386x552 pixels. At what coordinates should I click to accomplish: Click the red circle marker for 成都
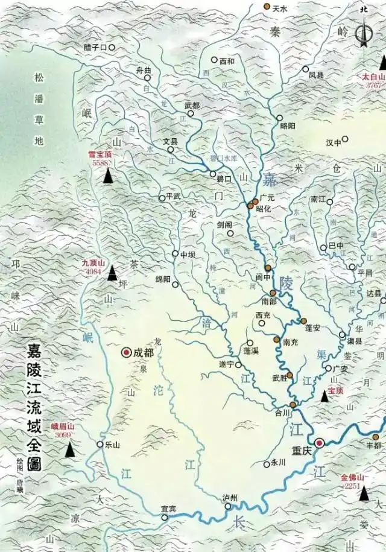[127, 352]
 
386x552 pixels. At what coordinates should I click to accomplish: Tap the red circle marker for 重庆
[320, 443]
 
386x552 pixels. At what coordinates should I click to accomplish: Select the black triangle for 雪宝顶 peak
[108, 176]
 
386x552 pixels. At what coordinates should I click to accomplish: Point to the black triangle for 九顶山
[112, 274]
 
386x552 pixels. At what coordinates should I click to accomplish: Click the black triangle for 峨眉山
[71, 449]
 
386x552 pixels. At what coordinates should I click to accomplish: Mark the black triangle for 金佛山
[364, 494]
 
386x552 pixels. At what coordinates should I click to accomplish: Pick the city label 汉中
[333, 142]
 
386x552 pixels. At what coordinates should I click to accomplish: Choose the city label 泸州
[230, 497]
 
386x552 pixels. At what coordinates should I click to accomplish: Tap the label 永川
[277, 464]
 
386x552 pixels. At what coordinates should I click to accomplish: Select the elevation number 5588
[101, 163]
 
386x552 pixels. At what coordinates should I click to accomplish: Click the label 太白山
[372, 77]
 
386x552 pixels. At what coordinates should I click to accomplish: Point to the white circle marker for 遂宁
[238, 364]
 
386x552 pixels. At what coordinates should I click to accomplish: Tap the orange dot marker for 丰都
[375, 437]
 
